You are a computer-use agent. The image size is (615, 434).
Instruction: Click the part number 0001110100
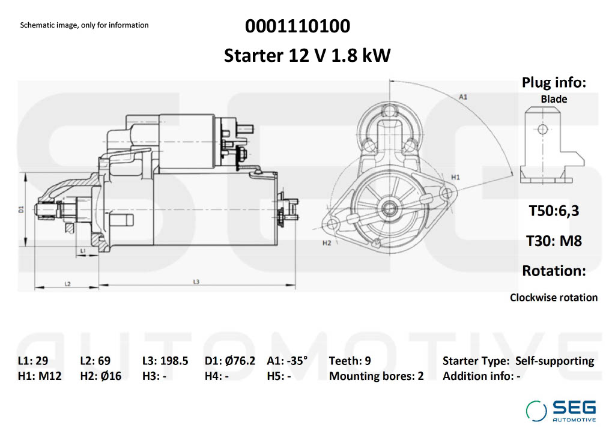pos(297,26)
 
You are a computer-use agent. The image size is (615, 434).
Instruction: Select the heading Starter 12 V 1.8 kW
pos(307,56)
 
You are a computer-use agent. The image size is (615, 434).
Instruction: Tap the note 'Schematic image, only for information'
pos(84,25)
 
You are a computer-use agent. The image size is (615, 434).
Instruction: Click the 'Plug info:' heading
pos(553,83)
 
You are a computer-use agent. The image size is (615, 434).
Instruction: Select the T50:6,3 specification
pos(554,211)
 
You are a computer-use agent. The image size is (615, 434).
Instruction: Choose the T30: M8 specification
pos(554,241)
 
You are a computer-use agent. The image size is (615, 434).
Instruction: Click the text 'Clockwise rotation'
pos(554,297)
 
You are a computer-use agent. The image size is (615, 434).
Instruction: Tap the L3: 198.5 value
pos(165,361)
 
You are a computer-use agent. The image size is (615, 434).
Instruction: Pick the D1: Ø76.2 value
pos(230,361)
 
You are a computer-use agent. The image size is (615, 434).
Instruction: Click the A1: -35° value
pos(287,361)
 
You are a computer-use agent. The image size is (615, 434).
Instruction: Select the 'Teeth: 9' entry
pos(350,361)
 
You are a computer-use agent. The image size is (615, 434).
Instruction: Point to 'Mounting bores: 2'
pos(376,376)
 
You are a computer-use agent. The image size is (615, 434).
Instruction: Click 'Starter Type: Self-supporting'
pos(518,361)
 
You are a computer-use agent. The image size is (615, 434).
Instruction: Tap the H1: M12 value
pos(39,376)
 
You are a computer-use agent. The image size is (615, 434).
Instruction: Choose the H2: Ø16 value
pos(100,376)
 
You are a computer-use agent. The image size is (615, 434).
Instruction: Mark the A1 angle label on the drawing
pos(463,96)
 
